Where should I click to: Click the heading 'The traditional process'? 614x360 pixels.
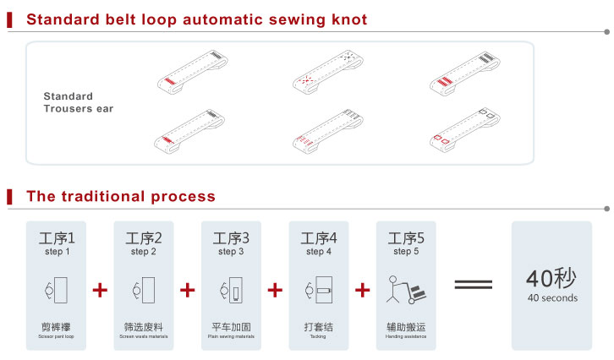(120, 197)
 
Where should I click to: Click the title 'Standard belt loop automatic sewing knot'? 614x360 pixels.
(197, 19)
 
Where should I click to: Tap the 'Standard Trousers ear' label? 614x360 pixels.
(79, 102)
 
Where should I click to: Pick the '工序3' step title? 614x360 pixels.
(231, 238)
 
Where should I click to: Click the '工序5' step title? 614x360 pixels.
(406, 238)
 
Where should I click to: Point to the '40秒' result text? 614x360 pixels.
(551, 279)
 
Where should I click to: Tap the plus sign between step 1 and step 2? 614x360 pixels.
(100, 290)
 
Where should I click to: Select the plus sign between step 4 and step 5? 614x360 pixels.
(362, 290)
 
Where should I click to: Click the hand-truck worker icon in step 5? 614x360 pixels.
(406, 289)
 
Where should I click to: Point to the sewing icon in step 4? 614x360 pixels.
(318, 289)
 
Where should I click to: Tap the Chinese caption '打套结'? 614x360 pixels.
(318, 326)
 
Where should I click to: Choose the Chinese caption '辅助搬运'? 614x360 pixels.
(406, 326)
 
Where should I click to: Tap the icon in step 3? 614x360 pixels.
(231, 289)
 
